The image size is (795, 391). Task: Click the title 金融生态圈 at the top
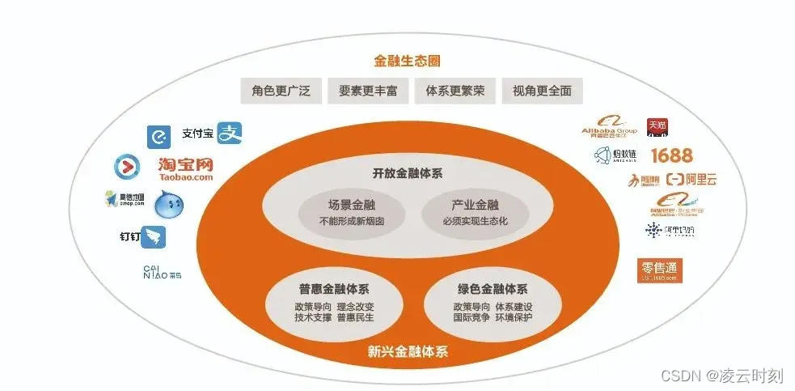(x=407, y=61)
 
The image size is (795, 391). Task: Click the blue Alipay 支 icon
(x=230, y=133)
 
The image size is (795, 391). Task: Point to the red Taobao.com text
(x=185, y=176)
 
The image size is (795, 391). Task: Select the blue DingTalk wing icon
(x=153, y=237)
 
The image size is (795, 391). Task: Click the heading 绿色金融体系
(x=493, y=289)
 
